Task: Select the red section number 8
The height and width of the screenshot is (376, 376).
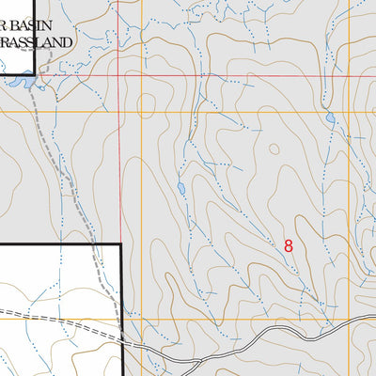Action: (x=289, y=245)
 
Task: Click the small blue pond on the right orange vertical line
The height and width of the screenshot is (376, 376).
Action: (x=330, y=118)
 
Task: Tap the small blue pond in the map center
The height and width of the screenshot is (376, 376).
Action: (x=181, y=188)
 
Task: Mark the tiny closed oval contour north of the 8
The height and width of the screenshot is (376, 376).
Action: (x=274, y=149)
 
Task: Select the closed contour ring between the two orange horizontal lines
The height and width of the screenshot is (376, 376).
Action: (x=146, y=103)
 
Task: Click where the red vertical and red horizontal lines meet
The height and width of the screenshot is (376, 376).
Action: (x=119, y=75)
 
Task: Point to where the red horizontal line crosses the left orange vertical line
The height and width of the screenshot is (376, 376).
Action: (x=142, y=75)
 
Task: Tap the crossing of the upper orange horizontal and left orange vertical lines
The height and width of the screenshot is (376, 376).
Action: (x=142, y=111)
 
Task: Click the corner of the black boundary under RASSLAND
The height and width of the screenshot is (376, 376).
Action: (x=35, y=72)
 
